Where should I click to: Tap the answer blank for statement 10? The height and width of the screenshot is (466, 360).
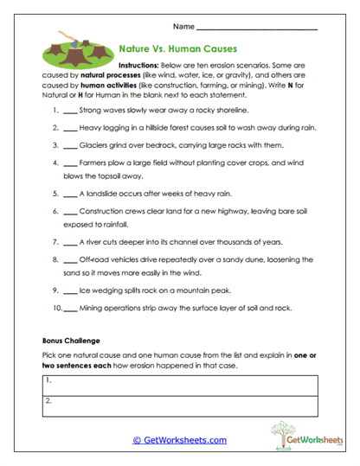[x=70, y=309]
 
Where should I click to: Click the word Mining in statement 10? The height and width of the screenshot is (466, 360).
[x=91, y=308]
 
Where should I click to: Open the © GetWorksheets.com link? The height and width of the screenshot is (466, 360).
[x=179, y=440]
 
